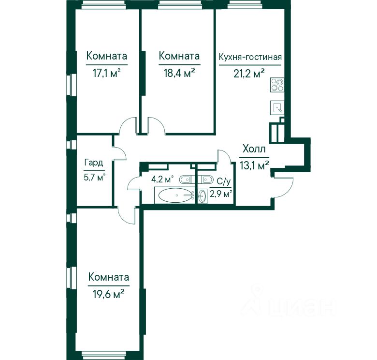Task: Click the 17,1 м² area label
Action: (x=106, y=73)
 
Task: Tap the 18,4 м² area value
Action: (x=179, y=73)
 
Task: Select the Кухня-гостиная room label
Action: (x=250, y=57)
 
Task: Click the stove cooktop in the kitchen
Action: (x=277, y=85)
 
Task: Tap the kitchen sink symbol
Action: (x=277, y=107)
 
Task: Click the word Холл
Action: (x=254, y=149)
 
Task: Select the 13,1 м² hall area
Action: (x=254, y=165)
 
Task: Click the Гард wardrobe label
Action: (x=94, y=163)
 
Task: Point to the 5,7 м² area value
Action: (x=94, y=178)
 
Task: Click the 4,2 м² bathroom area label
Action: (x=162, y=180)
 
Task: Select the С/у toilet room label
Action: (x=224, y=181)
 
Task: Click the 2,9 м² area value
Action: (x=221, y=194)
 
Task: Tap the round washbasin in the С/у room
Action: (x=203, y=196)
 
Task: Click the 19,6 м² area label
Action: (x=108, y=294)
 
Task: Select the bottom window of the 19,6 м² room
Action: (x=103, y=354)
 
